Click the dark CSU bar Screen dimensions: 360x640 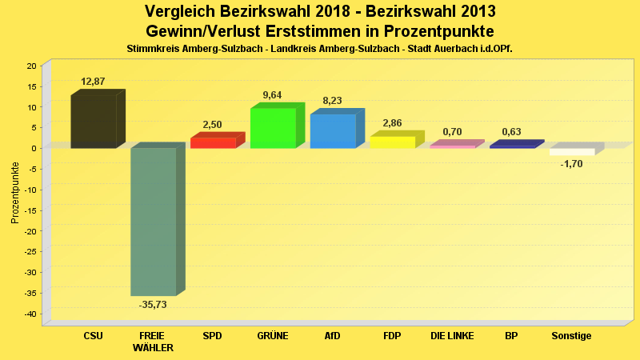94,122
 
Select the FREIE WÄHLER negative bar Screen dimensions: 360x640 154,222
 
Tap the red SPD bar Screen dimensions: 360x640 213,142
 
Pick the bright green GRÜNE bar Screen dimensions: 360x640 273,128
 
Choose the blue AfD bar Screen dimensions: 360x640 333,130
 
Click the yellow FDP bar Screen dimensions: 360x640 392,142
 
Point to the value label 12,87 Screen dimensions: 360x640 93,82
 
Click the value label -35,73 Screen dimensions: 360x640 153,305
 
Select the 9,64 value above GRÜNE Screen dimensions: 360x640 272,95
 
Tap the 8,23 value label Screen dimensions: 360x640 332,101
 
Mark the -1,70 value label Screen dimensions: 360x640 571,163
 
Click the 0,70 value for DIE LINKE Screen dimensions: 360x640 452,131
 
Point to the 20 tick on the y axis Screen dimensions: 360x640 32,66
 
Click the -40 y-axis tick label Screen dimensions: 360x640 30,314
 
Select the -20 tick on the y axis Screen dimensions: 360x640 30,231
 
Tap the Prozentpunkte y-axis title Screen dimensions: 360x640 15,192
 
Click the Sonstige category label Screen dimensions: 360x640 571,336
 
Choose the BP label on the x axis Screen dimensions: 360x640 511,336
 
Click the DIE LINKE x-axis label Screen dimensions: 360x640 452,336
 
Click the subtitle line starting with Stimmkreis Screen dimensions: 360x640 319,49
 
